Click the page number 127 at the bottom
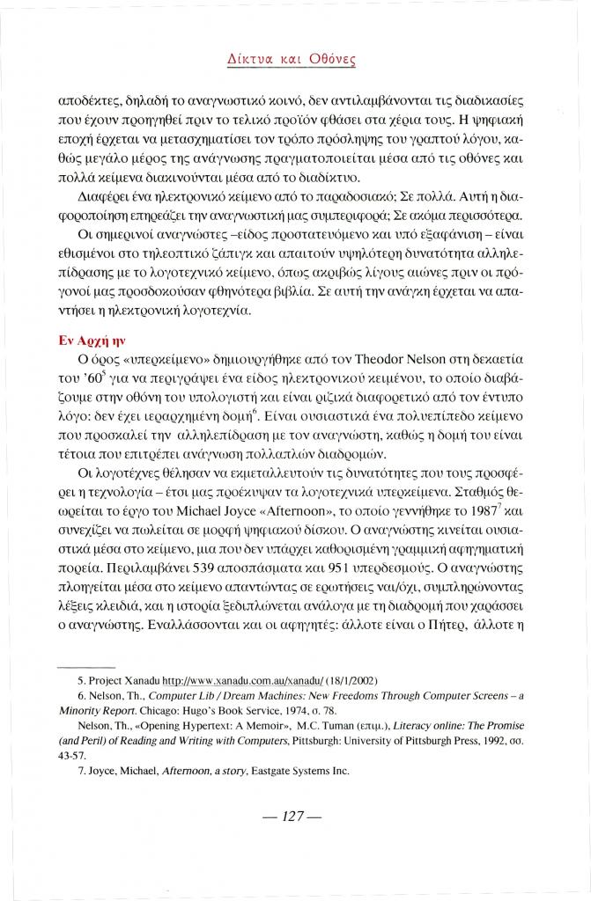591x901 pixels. point(295,816)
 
